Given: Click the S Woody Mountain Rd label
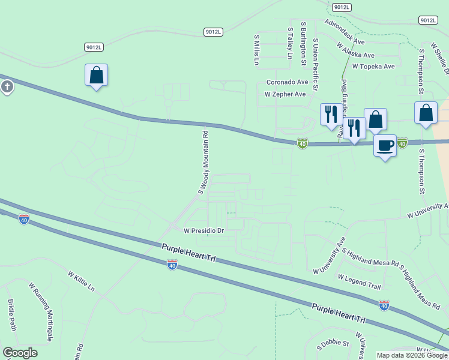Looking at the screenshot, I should (x=203, y=163).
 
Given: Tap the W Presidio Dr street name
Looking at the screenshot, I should (x=203, y=230).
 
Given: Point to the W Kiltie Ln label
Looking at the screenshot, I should (x=81, y=281).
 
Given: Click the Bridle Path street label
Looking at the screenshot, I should (x=11, y=315).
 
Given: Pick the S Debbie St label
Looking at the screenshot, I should (x=333, y=343).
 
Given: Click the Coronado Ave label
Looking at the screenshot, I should (x=287, y=82).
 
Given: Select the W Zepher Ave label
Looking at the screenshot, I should (x=285, y=94).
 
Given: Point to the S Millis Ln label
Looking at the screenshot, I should (x=256, y=49).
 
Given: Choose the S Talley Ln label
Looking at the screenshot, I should (x=290, y=43).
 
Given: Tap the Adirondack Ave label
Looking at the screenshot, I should (x=345, y=32).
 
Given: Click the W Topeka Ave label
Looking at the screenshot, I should (x=373, y=67).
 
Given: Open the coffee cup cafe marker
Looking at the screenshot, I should (x=385, y=145).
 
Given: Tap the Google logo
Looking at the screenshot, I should (x=20, y=353).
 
